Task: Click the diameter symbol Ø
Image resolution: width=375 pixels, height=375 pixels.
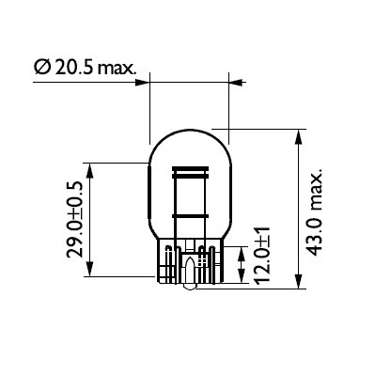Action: (x=41, y=69)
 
